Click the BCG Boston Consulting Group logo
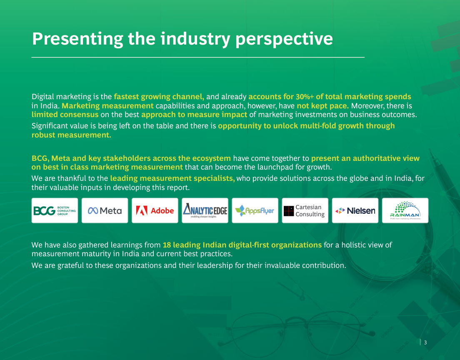(x=55, y=210)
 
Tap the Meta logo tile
(x=105, y=210)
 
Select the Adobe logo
(x=155, y=210)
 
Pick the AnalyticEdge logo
(x=205, y=210)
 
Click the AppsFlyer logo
(x=255, y=210)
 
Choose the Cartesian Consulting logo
(x=305, y=210)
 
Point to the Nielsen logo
(x=355, y=210)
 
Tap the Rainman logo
(x=405, y=210)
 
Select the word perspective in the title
(x=284, y=40)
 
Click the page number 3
(x=425, y=342)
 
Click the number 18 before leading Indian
(x=167, y=245)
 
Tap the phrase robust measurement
(x=71, y=135)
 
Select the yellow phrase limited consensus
(x=65, y=115)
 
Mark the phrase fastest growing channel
(x=159, y=97)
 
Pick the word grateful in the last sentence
(x=70, y=265)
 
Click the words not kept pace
(x=322, y=105)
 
